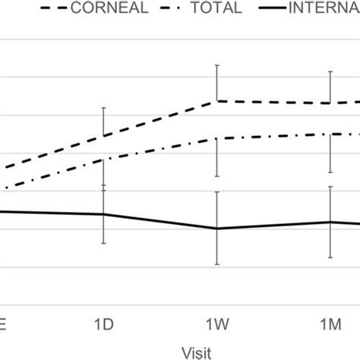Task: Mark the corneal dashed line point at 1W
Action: tap(217, 100)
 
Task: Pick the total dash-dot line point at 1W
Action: tap(217, 138)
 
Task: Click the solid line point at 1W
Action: tap(217, 228)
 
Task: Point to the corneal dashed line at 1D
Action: tap(104, 136)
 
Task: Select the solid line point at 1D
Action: tap(104, 214)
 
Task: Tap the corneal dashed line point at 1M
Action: tap(330, 103)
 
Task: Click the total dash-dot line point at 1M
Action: tap(330, 134)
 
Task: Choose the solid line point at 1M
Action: tap(330, 222)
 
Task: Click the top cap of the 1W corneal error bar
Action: tap(217, 65)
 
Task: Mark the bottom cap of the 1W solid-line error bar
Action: tap(217, 264)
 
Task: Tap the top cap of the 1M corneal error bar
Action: tap(330, 71)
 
